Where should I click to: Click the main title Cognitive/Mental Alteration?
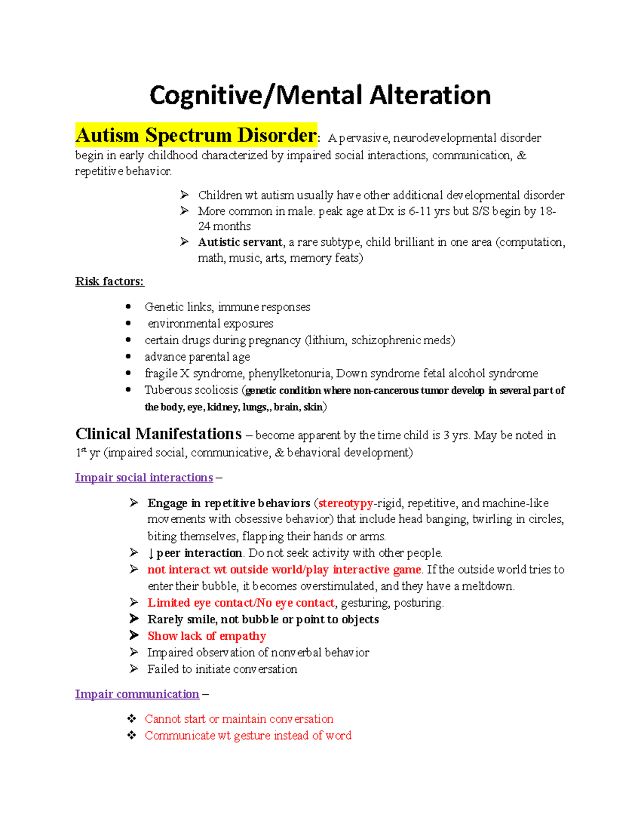[x=320, y=96]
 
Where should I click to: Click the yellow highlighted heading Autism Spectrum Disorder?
[x=196, y=135]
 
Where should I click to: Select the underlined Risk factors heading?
[x=110, y=282]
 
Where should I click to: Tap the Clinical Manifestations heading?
[x=158, y=434]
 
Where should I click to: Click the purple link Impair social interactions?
[x=144, y=478]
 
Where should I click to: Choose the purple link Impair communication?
[x=137, y=694]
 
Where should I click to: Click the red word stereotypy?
[x=346, y=503]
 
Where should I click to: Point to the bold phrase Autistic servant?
[x=240, y=242]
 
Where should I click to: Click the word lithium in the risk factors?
[x=326, y=340]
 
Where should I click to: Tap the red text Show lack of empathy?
[x=207, y=636]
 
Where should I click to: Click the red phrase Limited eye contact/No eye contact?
[x=241, y=603]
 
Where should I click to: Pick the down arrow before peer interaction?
[x=151, y=554]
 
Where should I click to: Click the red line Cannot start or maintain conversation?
[x=239, y=719]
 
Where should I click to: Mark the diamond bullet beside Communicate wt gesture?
[x=132, y=735]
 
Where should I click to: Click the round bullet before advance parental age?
[x=128, y=356]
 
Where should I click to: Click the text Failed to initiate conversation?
[x=222, y=669]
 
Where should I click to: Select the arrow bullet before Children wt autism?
[x=184, y=195]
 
